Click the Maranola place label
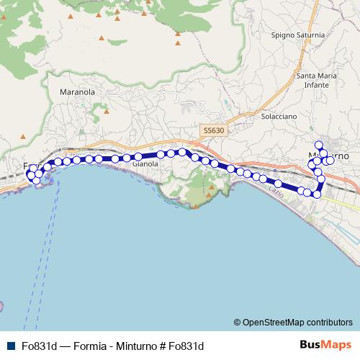click(x=78, y=92)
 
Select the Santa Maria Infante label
click(x=318, y=79)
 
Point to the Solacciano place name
click(x=279, y=116)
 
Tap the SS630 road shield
click(x=213, y=130)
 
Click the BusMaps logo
click(x=325, y=345)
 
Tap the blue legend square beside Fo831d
click(x=12, y=346)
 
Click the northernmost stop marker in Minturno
click(x=318, y=145)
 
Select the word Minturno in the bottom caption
click(x=138, y=346)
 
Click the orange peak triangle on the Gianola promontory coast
click(x=194, y=207)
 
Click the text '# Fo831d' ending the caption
click(x=184, y=346)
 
